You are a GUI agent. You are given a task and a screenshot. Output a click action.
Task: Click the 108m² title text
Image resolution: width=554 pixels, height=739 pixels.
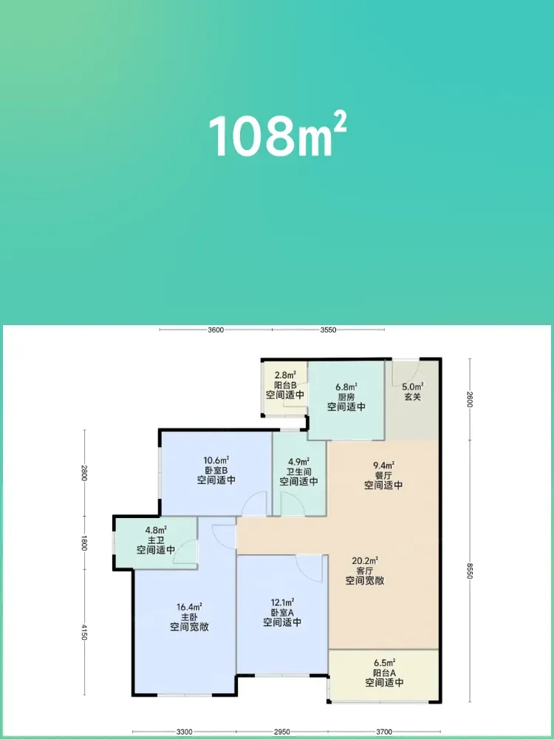click(x=278, y=135)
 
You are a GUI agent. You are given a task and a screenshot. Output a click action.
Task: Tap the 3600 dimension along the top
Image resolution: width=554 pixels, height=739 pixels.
click(x=216, y=330)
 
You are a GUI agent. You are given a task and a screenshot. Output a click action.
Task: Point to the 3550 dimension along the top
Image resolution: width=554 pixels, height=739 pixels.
click(x=329, y=330)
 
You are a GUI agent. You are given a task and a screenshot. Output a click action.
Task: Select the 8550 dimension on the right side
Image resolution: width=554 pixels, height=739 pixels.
click(x=470, y=570)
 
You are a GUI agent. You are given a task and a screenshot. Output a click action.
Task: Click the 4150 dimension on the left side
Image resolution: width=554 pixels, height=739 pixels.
click(x=84, y=632)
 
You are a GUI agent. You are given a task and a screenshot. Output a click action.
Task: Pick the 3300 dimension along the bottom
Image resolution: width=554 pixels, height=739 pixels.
click(x=184, y=732)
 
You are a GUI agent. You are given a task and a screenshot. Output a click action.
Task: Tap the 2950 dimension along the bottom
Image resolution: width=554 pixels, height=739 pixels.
click(x=281, y=732)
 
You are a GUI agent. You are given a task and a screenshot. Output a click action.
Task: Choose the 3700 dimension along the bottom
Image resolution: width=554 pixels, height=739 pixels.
click(x=384, y=732)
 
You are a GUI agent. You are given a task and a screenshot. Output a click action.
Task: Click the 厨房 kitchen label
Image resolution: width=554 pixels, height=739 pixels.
click(x=346, y=397)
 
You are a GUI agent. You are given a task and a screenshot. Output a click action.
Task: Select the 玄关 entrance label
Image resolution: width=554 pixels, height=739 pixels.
click(x=413, y=397)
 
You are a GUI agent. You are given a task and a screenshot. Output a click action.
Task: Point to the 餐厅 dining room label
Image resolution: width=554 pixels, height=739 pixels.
click(x=383, y=475)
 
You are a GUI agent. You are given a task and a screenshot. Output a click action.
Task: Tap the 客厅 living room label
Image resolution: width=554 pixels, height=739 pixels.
click(x=365, y=571)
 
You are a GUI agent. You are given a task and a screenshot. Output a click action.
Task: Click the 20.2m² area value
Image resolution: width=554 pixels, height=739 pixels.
click(x=365, y=561)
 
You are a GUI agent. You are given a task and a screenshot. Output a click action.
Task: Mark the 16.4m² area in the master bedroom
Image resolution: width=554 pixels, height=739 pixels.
click(x=189, y=607)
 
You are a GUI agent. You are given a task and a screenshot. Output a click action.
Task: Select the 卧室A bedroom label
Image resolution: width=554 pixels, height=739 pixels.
click(x=282, y=612)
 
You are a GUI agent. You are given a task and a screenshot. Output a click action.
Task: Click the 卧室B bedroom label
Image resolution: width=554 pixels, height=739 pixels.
click(x=216, y=470)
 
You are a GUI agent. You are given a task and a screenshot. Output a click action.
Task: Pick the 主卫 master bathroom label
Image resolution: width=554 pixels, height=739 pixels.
click(x=156, y=540)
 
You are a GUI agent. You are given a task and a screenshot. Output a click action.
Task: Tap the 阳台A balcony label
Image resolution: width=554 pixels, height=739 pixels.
click(x=384, y=672)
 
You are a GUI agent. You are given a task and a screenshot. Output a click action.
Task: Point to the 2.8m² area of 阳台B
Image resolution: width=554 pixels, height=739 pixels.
click(x=285, y=375)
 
